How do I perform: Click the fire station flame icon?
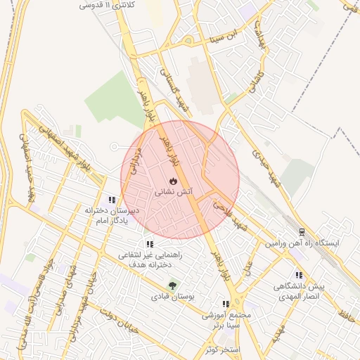[174, 181]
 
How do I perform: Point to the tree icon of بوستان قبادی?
[172, 286]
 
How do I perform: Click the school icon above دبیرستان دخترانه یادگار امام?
[112, 200]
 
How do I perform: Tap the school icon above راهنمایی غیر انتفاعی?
[149, 244]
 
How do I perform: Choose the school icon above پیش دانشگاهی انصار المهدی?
[299, 276]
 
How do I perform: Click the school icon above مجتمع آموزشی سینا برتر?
[225, 304]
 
